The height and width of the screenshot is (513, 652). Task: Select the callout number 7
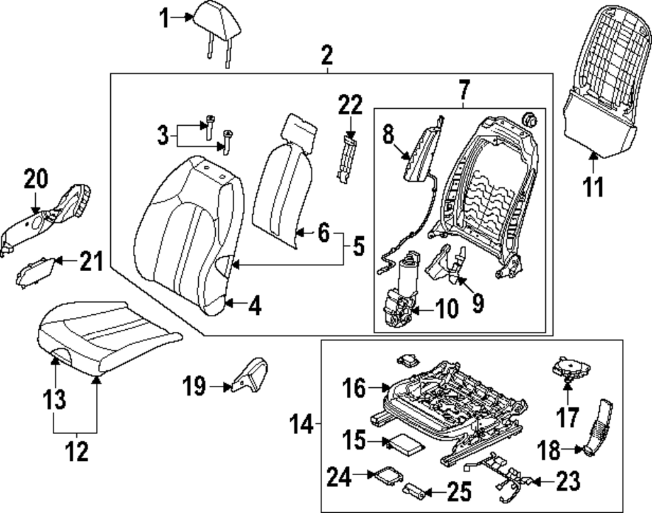463,88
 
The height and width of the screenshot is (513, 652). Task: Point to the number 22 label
349,104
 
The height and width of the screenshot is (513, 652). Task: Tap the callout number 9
478,303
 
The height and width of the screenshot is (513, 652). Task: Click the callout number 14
303,427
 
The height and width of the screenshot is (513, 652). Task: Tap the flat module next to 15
406,445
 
